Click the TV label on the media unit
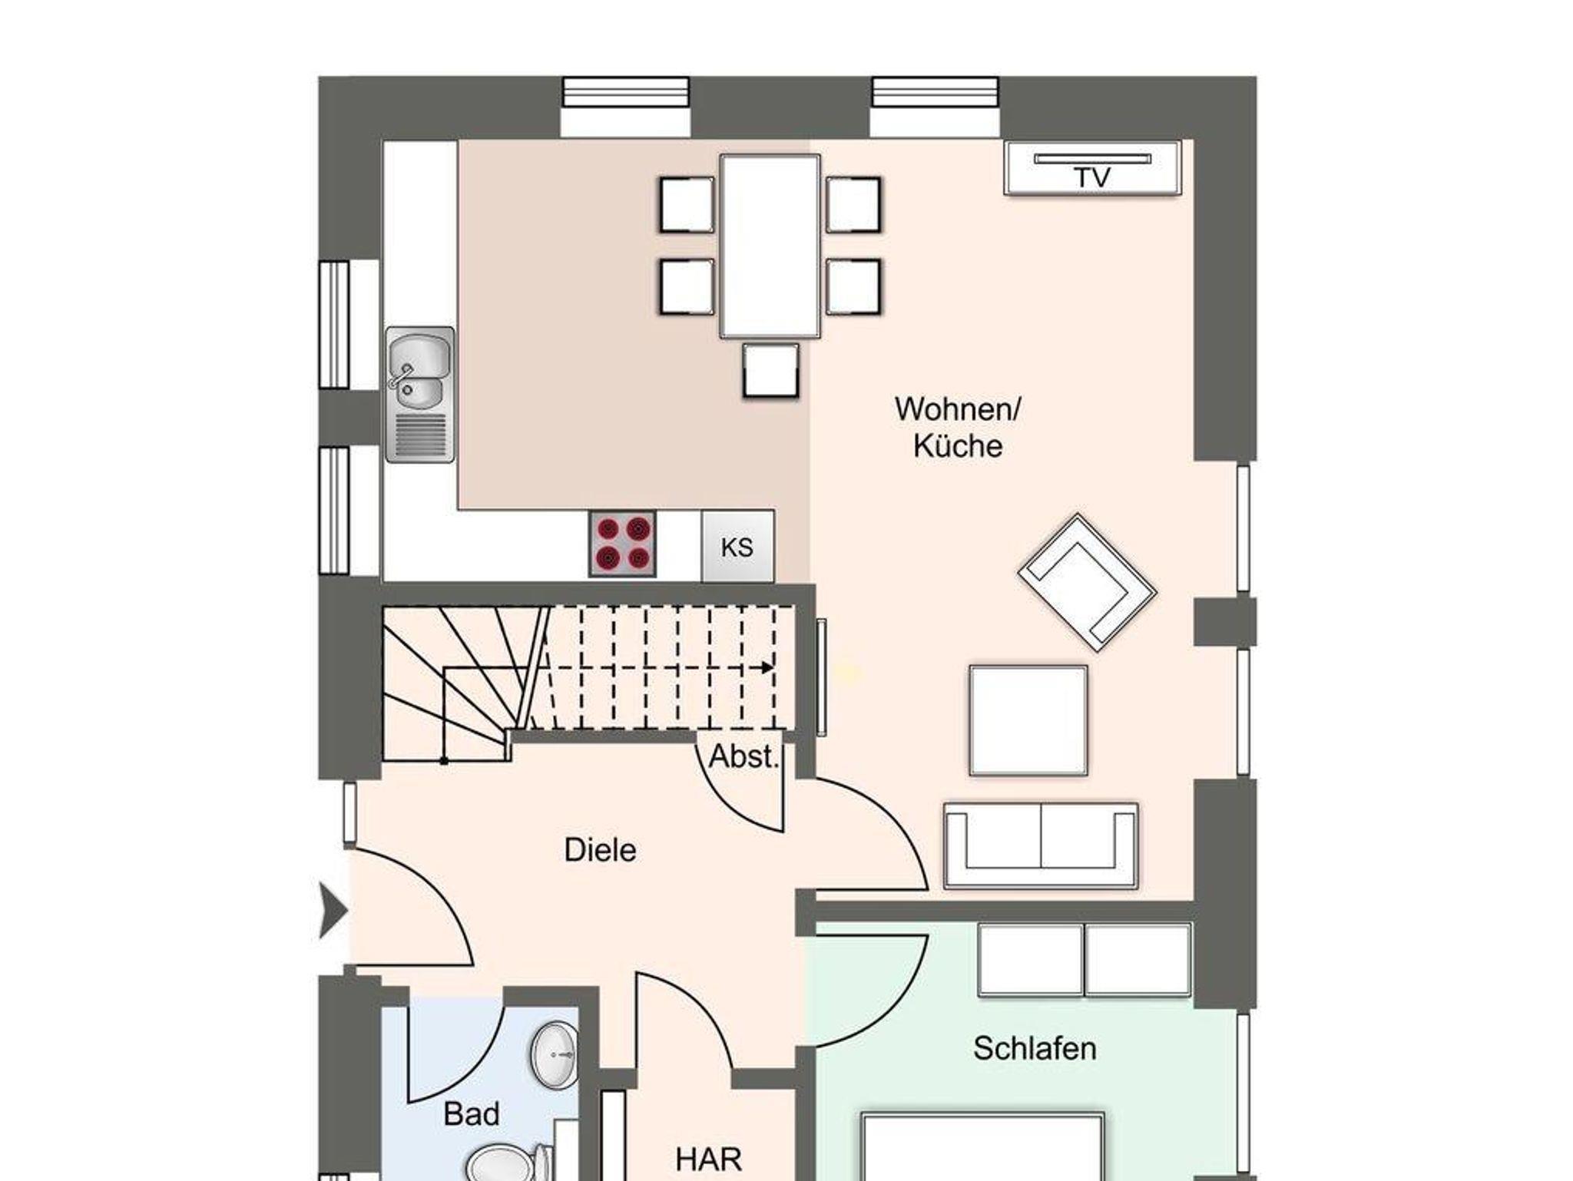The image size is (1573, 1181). tap(1092, 178)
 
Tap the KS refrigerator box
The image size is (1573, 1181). tap(737, 547)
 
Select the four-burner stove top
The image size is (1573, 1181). tap(622, 544)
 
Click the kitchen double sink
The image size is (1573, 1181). tap(419, 395)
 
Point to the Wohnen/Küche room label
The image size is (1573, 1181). tap(958, 427)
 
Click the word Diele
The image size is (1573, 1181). tap(600, 850)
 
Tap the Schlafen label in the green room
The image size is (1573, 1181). tap(1035, 1048)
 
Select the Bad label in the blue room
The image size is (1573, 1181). tap(472, 1113)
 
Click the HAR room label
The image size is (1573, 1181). tap(708, 1159)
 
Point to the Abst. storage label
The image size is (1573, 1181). tap(743, 757)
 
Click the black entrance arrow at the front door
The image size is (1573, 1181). tap(333, 911)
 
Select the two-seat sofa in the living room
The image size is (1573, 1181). tap(1041, 846)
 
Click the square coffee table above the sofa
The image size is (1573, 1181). tap(1028, 720)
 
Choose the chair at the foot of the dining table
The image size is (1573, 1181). tap(770, 371)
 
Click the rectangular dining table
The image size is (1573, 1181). tap(770, 246)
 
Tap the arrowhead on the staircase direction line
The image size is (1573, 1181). tap(767, 668)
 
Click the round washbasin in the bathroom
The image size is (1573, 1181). tap(554, 1054)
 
